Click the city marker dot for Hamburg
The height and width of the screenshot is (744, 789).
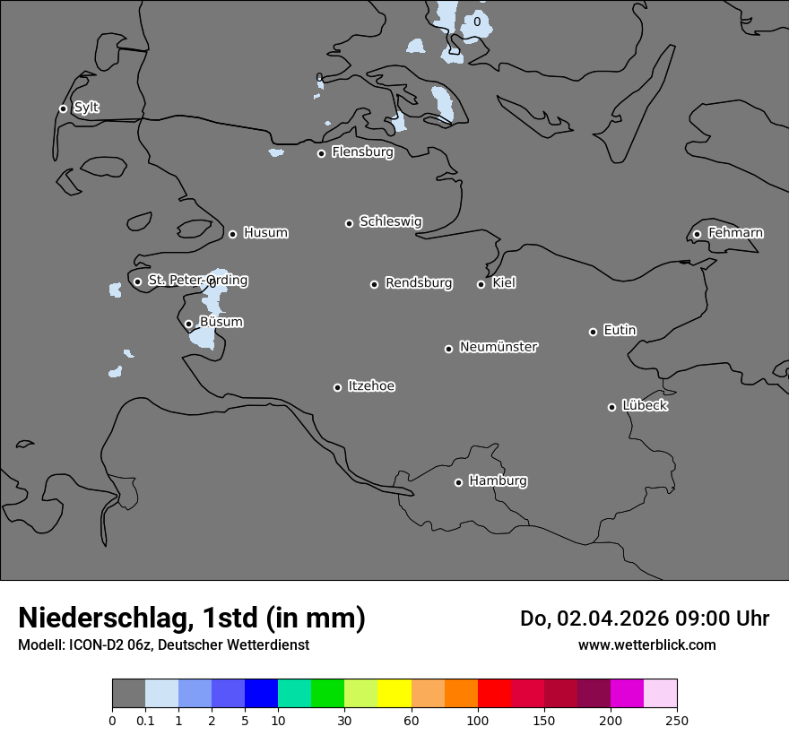point(458,482)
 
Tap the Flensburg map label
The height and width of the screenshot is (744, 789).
point(362,152)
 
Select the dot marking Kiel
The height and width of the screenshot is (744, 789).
point(481,284)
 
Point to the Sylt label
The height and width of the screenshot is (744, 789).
point(86,108)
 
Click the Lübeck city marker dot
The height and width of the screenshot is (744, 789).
point(611,407)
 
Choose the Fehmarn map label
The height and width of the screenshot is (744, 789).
point(735,233)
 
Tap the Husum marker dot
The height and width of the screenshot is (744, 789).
point(232,234)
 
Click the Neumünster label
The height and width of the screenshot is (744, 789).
point(499,347)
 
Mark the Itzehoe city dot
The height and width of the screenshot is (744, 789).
point(337,387)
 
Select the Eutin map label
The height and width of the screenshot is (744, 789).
point(620,331)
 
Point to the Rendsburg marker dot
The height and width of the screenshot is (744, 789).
point(374,284)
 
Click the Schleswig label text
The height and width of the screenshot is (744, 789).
point(390,221)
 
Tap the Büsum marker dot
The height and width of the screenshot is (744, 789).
point(188,324)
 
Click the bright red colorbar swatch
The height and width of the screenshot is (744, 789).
point(494,694)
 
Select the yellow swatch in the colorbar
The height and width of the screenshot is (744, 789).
point(394,694)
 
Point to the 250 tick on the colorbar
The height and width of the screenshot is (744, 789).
point(677,720)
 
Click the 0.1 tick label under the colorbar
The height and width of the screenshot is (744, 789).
point(145,720)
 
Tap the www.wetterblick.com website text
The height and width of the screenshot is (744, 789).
point(646,645)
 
